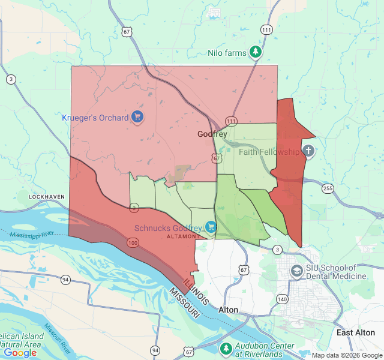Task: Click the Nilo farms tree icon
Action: (x=256, y=52)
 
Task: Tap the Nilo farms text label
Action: (x=227, y=53)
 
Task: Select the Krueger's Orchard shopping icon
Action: (x=138, y=116)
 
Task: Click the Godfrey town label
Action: (x=212, y=134)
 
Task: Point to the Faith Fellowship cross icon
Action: (x=308, y=151)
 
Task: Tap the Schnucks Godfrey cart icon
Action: (x=211, y=227)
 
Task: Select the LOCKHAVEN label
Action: (x=47, y=196)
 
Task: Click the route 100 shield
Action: (x=133, y=242)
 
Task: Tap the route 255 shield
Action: (x=328, y=188)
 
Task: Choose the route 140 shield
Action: (x=282, y=298)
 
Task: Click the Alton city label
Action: (x=228, y=310)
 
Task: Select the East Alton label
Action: (x=356, y=332)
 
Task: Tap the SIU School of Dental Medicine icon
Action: (x=296, y=271)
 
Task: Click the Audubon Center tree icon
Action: (x=226, y=348)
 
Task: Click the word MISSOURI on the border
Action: (x=184, y=303)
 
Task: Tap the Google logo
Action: (x=20, y=353)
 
